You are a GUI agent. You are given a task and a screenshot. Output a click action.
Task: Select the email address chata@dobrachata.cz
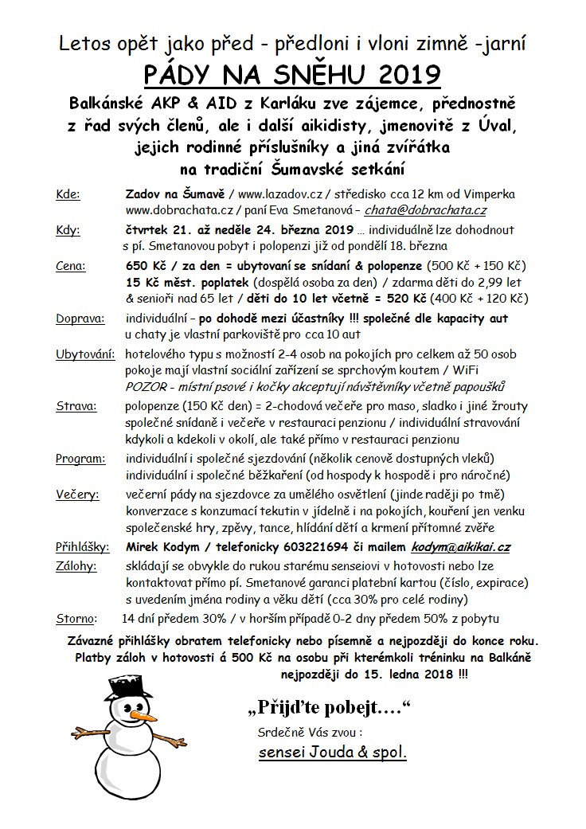(x=425, y=211)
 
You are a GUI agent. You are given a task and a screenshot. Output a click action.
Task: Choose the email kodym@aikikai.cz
(x=461, y=547)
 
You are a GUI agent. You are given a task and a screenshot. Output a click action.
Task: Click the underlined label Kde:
(x=68, y=194)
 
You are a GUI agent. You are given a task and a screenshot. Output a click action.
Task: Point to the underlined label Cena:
(x=72, y=265)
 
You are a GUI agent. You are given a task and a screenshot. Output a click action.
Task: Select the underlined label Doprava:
(x=80, y=319)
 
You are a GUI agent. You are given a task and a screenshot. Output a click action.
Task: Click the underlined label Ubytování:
(x=85, y=354)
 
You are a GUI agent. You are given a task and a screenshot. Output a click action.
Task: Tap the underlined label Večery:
(x=77, y=495)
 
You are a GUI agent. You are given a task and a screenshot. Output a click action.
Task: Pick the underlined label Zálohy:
(x=76, y=565)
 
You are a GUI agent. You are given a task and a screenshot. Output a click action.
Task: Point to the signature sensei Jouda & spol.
(x=333, y=752)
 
